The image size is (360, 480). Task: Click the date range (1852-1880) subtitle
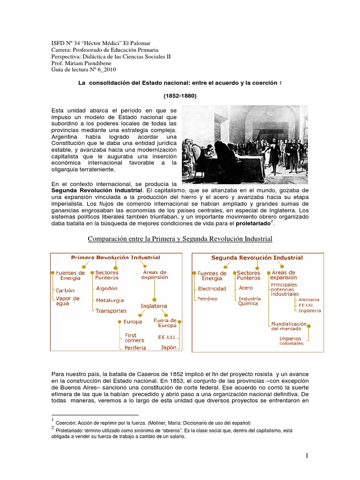point(180,96)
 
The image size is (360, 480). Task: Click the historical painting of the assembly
point(244,138)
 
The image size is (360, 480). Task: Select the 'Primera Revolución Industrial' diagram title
point(115,257)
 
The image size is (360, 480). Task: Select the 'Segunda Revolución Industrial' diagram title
point(257,258)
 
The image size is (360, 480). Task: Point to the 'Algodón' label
point(106,288)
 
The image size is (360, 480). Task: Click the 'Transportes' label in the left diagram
point(111,311)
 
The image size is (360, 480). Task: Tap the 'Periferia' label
point(135,348)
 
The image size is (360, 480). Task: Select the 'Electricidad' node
point(212,289)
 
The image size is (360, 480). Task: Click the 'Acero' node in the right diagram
point(246,288)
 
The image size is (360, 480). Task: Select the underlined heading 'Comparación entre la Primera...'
point(180,240)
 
